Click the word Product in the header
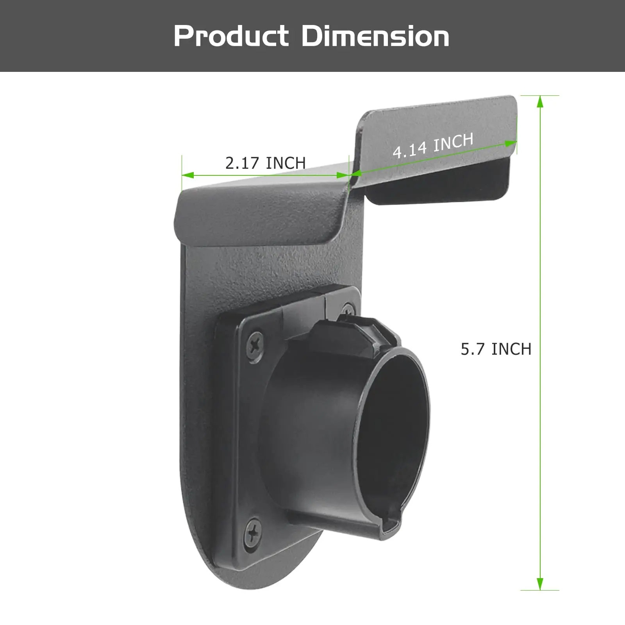[x=231, y=36]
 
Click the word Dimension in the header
[x=375, y=36]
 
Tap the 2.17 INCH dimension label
[x=265, y=163]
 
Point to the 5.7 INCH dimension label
[x=496, y=349]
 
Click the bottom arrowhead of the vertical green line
[x=540, y=584]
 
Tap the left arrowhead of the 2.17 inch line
[x=187, y=175]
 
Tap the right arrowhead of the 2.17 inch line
[x=343, y=175]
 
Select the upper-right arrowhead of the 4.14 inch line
[x=511, y=144]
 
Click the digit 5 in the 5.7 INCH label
[x=465, y=349]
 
